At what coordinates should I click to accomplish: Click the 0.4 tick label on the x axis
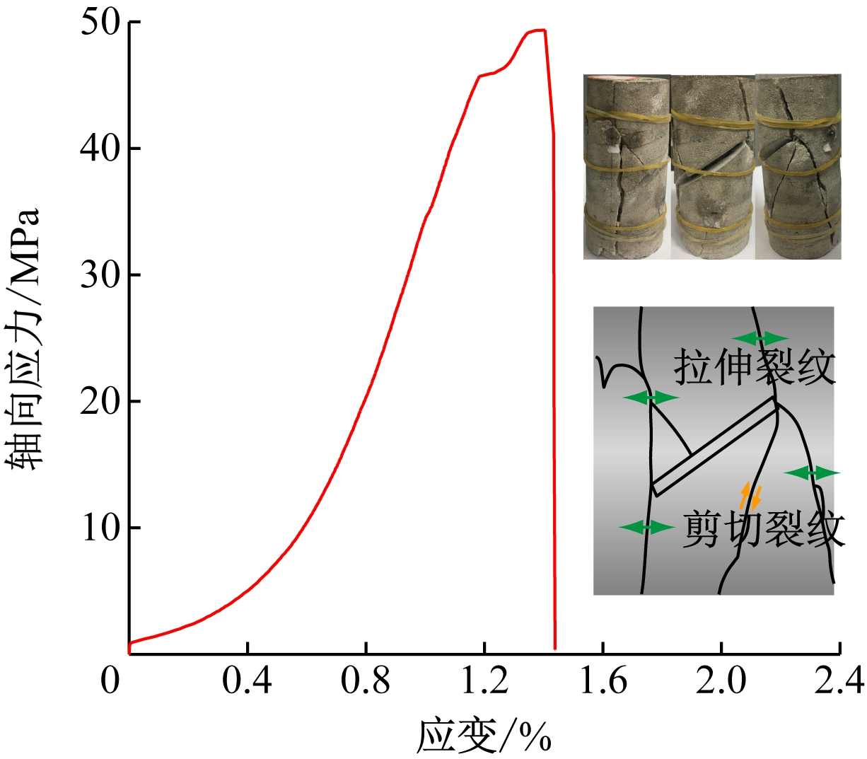point(247,680)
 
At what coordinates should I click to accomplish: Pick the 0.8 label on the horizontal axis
point(366,680)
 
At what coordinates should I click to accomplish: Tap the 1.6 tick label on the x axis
point(603,680)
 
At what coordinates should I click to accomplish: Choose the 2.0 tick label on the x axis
point(721,680)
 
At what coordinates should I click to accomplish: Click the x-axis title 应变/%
point(484,736)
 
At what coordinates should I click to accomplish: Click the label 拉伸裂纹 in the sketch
point(755,366)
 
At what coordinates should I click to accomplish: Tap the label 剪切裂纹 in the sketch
point(764,529)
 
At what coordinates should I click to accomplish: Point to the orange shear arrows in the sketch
point(750,496)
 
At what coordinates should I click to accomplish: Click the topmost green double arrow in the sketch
point(760,338)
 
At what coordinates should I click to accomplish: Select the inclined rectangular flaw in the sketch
point(714,446)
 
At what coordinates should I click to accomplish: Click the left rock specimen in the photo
point(627,167)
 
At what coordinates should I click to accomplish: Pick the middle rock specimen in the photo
point(712,167)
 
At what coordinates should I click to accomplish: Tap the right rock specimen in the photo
point(798,167)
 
